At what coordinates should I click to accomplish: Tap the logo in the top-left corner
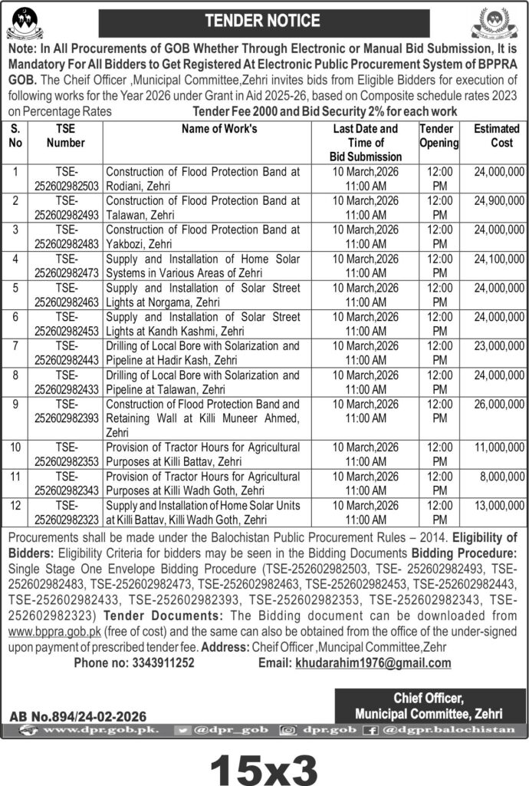click(25, 22)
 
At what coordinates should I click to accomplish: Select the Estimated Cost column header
click(496, 136)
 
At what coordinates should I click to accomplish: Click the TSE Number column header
click(65, 136)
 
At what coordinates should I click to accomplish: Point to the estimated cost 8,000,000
click(503, 477)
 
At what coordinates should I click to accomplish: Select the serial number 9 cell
click(16, 404)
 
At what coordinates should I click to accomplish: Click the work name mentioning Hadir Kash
click(202, 353)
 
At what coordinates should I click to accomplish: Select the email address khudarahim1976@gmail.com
click(373, 663)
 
